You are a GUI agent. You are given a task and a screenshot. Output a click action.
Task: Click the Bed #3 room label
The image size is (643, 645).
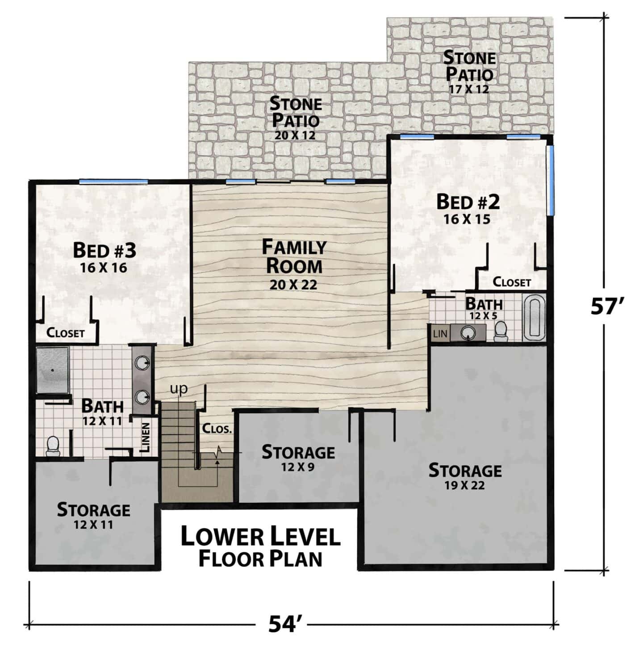pos(104,251)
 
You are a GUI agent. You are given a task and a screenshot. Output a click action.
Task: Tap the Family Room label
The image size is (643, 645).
pos(294,257)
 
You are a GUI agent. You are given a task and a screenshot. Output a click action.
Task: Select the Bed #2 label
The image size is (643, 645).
pos(468,203)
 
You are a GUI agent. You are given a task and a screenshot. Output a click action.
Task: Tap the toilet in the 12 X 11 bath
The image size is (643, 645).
pos(53,446)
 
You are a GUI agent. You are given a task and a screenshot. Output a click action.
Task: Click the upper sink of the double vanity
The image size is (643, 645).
pos(142,362)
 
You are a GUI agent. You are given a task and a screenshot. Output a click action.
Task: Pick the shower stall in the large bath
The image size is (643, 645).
pos(52,370)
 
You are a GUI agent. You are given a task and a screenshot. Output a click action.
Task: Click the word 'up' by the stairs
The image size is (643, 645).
pos(179,389)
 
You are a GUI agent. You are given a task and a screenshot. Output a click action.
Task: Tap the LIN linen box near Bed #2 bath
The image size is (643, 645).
pos(440,333)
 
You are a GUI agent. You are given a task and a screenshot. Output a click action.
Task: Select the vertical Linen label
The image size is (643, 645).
pos(146,437)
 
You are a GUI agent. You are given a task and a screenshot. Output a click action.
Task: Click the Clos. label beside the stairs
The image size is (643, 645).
pos(217,429)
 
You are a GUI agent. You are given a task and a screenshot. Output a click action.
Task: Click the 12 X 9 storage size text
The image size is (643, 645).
pos(298,467)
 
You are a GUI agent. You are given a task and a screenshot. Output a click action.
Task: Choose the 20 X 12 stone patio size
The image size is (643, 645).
pos(295,136)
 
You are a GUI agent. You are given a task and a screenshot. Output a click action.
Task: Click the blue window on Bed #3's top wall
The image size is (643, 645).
pos(104,181)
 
